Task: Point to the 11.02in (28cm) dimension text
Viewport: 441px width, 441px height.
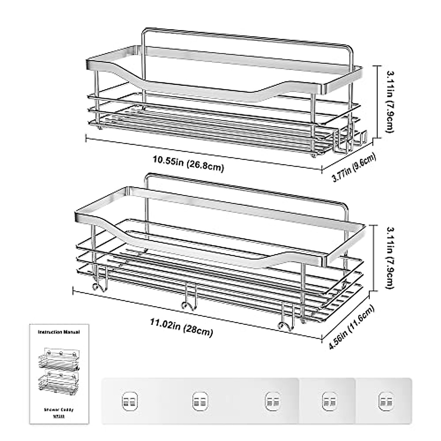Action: click(x=182, y=327)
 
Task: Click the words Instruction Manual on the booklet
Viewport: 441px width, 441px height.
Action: click(x=59, y=332)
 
